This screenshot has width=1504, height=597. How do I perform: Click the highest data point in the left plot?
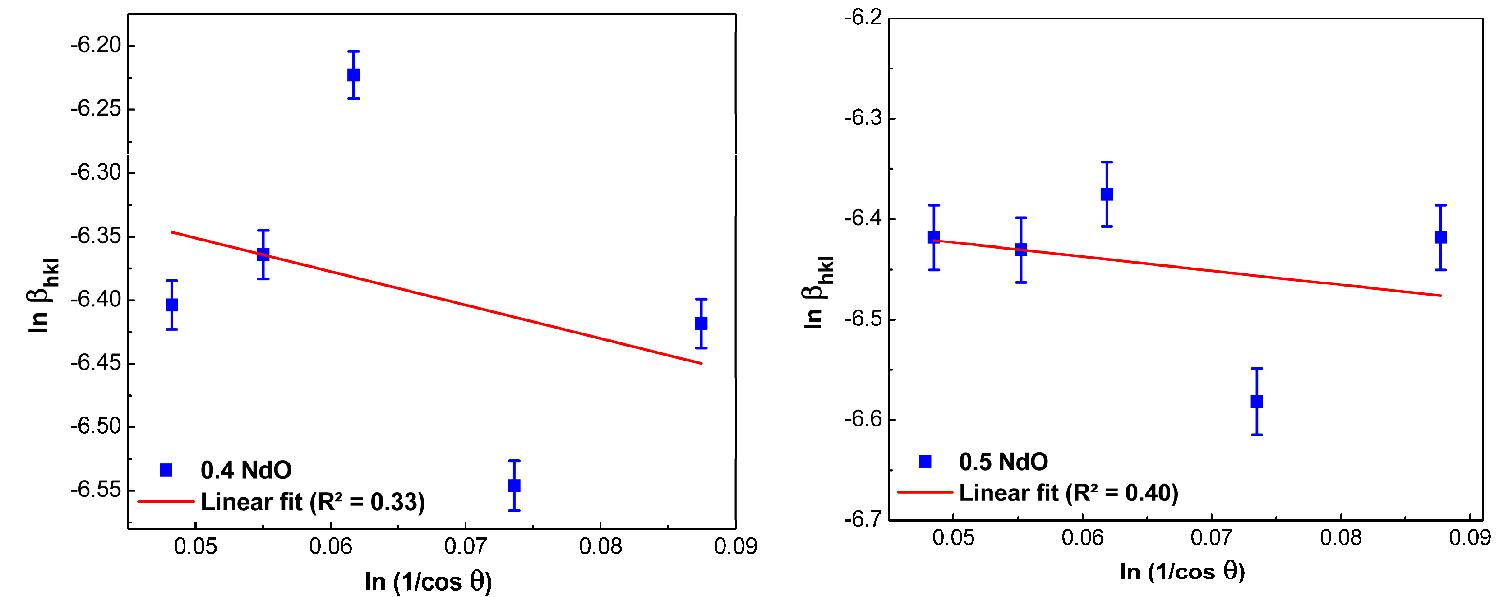(x=353, y=75)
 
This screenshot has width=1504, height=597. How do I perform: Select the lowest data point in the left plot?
(x=514, y=486)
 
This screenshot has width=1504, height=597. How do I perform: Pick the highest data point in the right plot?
(x=1107, y=194)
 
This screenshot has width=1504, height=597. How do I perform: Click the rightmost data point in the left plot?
(x=701, y=323)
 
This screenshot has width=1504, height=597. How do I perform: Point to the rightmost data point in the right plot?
(x=1440, y=237)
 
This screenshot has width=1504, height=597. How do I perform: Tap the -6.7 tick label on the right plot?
(x=863, y=519)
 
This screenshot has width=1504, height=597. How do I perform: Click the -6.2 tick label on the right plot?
(x=863, y=18)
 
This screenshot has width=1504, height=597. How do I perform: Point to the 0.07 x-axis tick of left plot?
(x=466, y=546)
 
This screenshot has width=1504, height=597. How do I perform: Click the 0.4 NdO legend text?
(x=246, y=470)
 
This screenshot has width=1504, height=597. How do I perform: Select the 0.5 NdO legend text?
(x=1003, y=462)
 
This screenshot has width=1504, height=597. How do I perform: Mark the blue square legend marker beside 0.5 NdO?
(x=925, y=462)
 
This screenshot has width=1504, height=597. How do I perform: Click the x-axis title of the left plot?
(x=429, y=582)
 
